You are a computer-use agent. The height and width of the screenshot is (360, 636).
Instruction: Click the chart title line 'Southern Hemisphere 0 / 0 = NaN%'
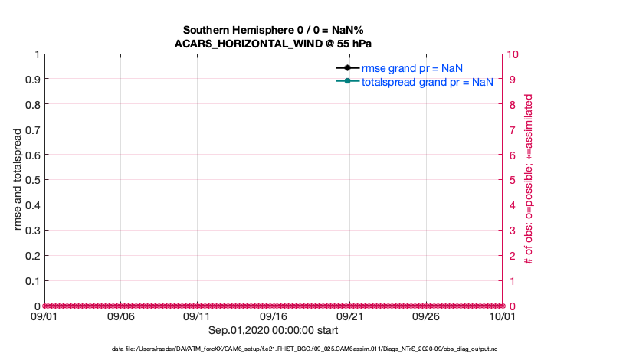coord(274,29)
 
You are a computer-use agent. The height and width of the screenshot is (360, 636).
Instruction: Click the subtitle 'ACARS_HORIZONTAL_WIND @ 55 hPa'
coord(274,43)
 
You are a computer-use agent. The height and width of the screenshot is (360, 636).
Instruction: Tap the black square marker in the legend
coord(347,68)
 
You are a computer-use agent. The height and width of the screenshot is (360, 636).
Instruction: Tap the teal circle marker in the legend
coord(347,81)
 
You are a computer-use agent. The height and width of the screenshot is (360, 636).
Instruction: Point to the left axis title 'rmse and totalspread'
coord(19,180)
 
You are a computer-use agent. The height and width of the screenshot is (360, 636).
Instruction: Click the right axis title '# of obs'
coord(528,180)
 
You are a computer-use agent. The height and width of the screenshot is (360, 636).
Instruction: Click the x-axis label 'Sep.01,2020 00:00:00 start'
coord(274,330)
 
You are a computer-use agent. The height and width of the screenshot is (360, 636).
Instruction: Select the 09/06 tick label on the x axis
coord(120,316)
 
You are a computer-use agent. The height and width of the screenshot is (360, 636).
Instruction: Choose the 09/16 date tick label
coord(274,316)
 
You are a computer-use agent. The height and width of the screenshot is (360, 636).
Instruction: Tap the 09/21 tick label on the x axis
coord(350,316)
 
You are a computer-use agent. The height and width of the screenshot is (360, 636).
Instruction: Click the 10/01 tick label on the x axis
coord(503,316)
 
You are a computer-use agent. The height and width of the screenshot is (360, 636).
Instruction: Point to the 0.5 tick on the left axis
coord(31,180)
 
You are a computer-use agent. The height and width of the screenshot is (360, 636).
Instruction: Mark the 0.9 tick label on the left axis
coord(31,80)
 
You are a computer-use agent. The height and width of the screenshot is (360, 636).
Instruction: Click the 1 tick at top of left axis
coord(36,54)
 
